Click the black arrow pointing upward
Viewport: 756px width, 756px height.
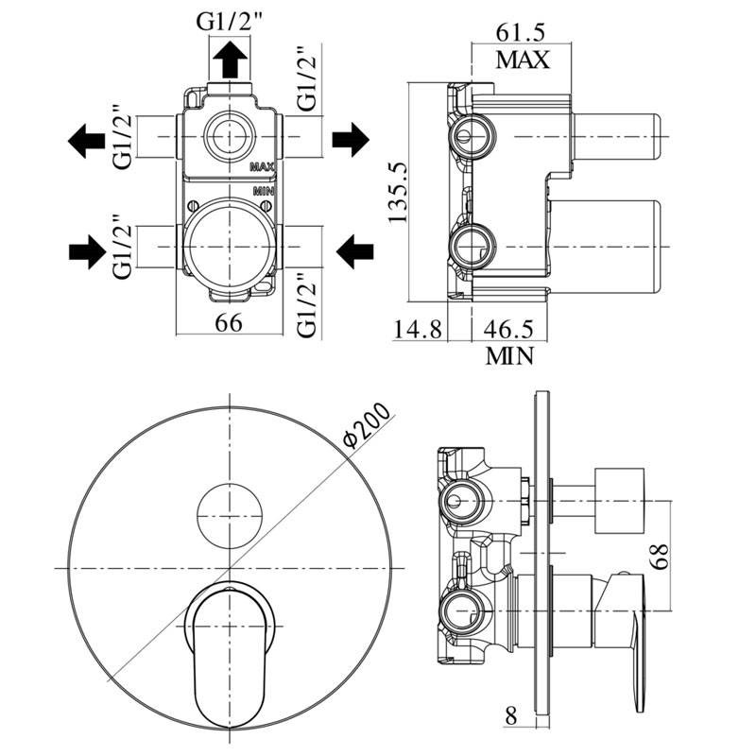229,62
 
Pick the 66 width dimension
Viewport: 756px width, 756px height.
229,322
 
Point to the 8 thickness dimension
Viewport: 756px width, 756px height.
511,715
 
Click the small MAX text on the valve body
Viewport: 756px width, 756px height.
262,166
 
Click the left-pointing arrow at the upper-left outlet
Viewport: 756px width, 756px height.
86,142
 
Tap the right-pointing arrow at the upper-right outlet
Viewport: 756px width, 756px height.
350,139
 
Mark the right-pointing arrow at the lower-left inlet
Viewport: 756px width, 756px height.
86,251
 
